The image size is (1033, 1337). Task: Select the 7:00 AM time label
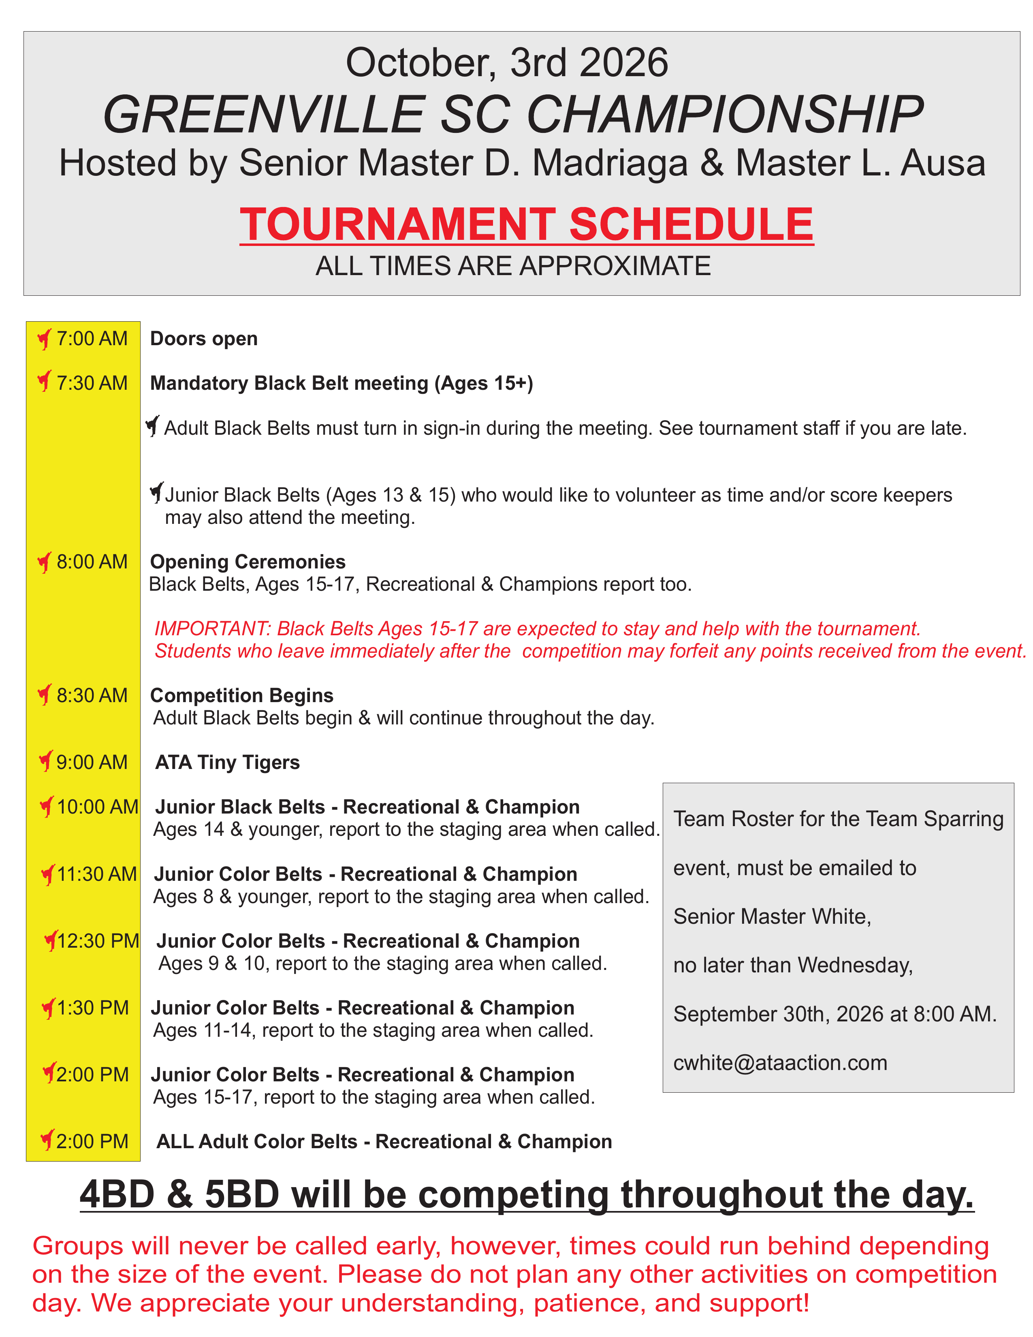click(92, 339)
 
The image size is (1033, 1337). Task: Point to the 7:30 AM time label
click(92, 383)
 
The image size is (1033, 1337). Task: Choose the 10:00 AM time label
click(97, 807)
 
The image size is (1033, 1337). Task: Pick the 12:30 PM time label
click(98, 941)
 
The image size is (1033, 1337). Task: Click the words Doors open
click(204, 339)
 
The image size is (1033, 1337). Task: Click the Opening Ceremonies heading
click(248, 562)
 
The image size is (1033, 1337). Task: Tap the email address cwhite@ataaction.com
click(780, 1063)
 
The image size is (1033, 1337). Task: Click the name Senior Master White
click(772, 916)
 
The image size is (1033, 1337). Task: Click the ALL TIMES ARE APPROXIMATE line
click(513, 266)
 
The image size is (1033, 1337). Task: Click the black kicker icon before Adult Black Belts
click(153, 426)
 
